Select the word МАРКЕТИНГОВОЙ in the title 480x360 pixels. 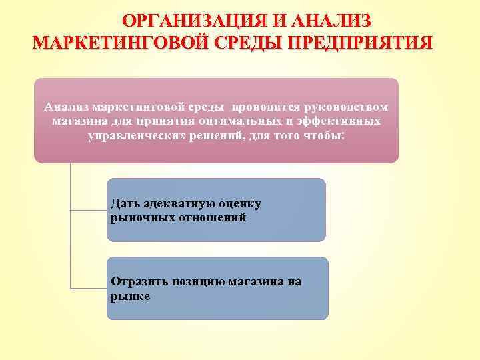click(119, 43)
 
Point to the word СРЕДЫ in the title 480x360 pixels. click(248, 43)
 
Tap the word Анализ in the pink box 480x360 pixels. click(67, 107)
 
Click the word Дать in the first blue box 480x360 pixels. click(125, 203)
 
